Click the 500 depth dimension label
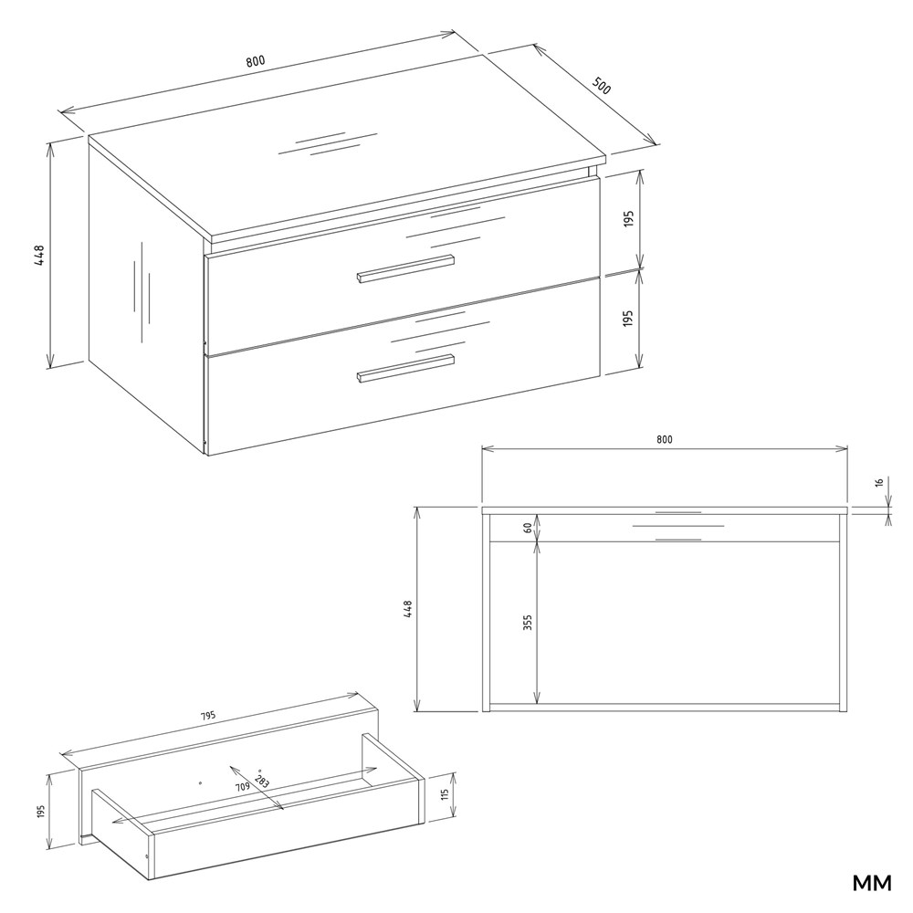pos(602,86)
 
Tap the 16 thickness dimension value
pos(879,482)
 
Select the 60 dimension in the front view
pos(528,528)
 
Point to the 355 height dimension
pos(528,623)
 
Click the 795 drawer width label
pos(208,716)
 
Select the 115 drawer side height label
pos(445,796)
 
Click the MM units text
pos(872,883)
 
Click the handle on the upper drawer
pos(405,268)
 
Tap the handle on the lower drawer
pos(405,368)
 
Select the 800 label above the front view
pos(665,440)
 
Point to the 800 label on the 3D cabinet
pos(255,61)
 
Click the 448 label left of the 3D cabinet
pos(39,256)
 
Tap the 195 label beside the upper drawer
pos(628,219)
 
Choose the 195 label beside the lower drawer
pos(628,318)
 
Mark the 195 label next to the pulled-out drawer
pos(40,811)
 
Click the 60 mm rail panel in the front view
pos(665,528)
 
